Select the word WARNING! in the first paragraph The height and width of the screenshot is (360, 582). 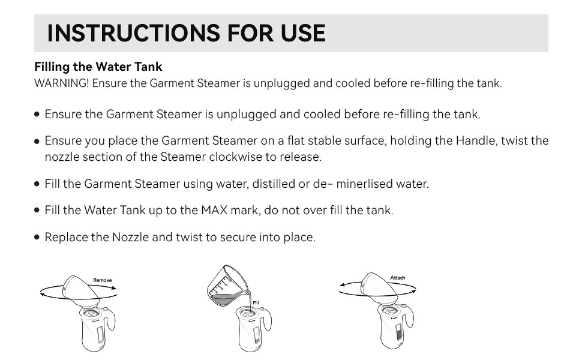coord(61,83)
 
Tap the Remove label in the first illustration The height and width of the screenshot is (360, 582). coord(103,280)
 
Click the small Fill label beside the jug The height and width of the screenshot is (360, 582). coord(255,302)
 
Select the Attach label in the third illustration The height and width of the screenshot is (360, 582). coord(398,278)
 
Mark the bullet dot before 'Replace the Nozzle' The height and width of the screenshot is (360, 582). coord(37,238)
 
